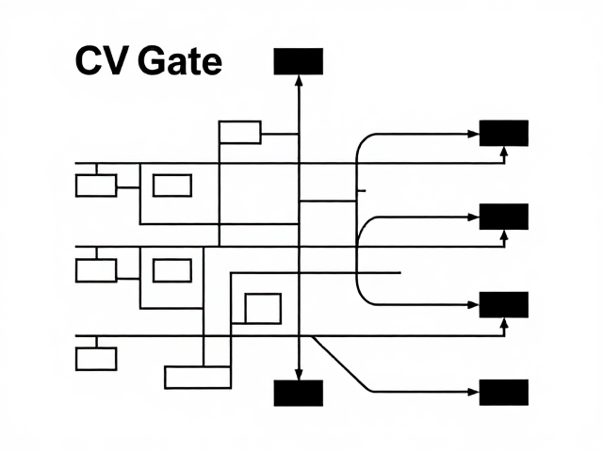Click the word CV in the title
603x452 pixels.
pos(101,60)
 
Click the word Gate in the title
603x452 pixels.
pos(180,60)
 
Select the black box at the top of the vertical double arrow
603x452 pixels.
pos(298,61)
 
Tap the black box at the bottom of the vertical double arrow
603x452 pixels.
pos(298,393)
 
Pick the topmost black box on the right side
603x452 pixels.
pos(504,133)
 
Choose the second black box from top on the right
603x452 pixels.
pos(504,217)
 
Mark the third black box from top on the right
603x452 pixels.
pos(504,305)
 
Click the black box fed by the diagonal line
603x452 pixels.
pos(504,393)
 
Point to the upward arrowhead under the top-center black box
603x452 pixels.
pos(299,80)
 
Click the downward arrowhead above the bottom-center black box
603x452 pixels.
pos(299,375)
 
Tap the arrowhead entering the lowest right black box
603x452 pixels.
pos(473,392)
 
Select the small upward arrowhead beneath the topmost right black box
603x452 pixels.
pos(504,151)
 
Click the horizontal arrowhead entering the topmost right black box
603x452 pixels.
pos(473,134)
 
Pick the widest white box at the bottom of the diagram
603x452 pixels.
pos(198,378)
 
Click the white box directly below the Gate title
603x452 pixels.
pos(240,133)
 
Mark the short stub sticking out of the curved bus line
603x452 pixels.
pos(362,190)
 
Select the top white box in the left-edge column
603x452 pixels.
pos(96,186)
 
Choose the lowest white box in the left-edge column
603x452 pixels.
pos(96,359)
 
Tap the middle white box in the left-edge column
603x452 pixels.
pos(96,270)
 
